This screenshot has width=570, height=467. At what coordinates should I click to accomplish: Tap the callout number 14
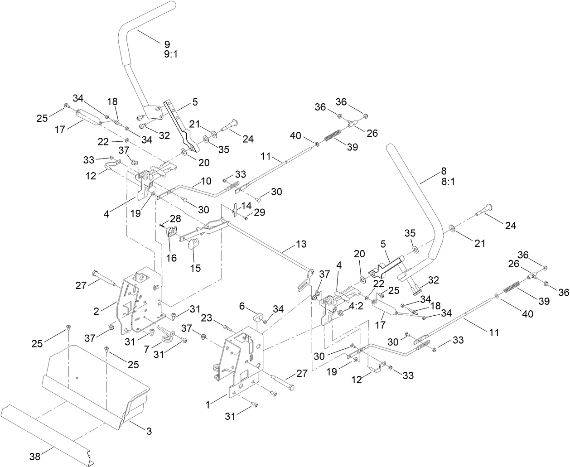click(x=246, y=205)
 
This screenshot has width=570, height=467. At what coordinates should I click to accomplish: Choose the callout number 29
click(x=260, y=212)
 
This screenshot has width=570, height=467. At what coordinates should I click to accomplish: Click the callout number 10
click(x=206, y=181)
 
